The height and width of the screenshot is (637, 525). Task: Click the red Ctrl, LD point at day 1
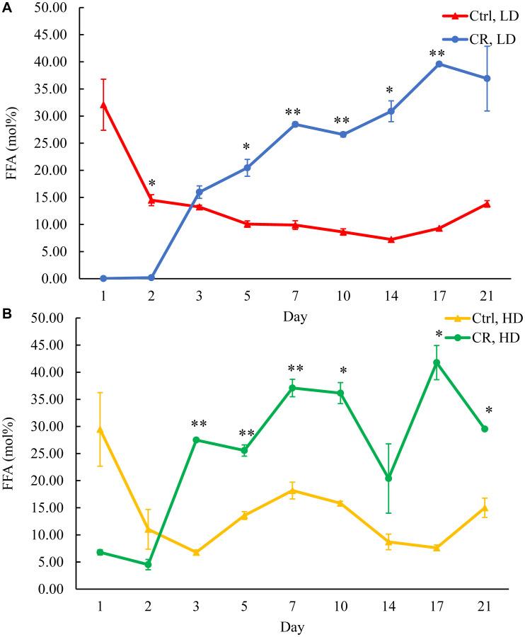[103, 105]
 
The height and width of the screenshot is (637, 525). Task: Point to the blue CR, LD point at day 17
[439, 64]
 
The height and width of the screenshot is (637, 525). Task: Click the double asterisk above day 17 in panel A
[439, 52]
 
